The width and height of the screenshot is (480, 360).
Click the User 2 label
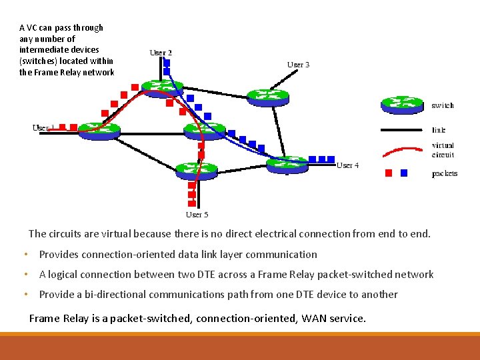point(161,53)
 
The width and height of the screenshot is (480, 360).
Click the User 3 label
point(298,65)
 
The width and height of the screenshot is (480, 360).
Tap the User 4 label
point(347,165)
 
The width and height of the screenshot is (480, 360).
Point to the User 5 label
point(197,215)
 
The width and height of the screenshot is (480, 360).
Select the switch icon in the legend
point(401,104)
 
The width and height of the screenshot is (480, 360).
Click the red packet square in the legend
point(389,173)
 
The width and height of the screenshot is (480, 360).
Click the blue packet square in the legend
point(403,173)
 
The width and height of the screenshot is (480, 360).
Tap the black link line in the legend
point(402,131)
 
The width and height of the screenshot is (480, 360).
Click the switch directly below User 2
point(162,87)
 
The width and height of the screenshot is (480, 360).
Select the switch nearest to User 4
point(287,163)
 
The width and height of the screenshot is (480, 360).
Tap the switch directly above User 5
point(197,169)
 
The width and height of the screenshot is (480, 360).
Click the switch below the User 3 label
point(268,97)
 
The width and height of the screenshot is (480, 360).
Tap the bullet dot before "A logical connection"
point(25,275)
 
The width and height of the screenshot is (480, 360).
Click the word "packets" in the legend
point(444,174)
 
